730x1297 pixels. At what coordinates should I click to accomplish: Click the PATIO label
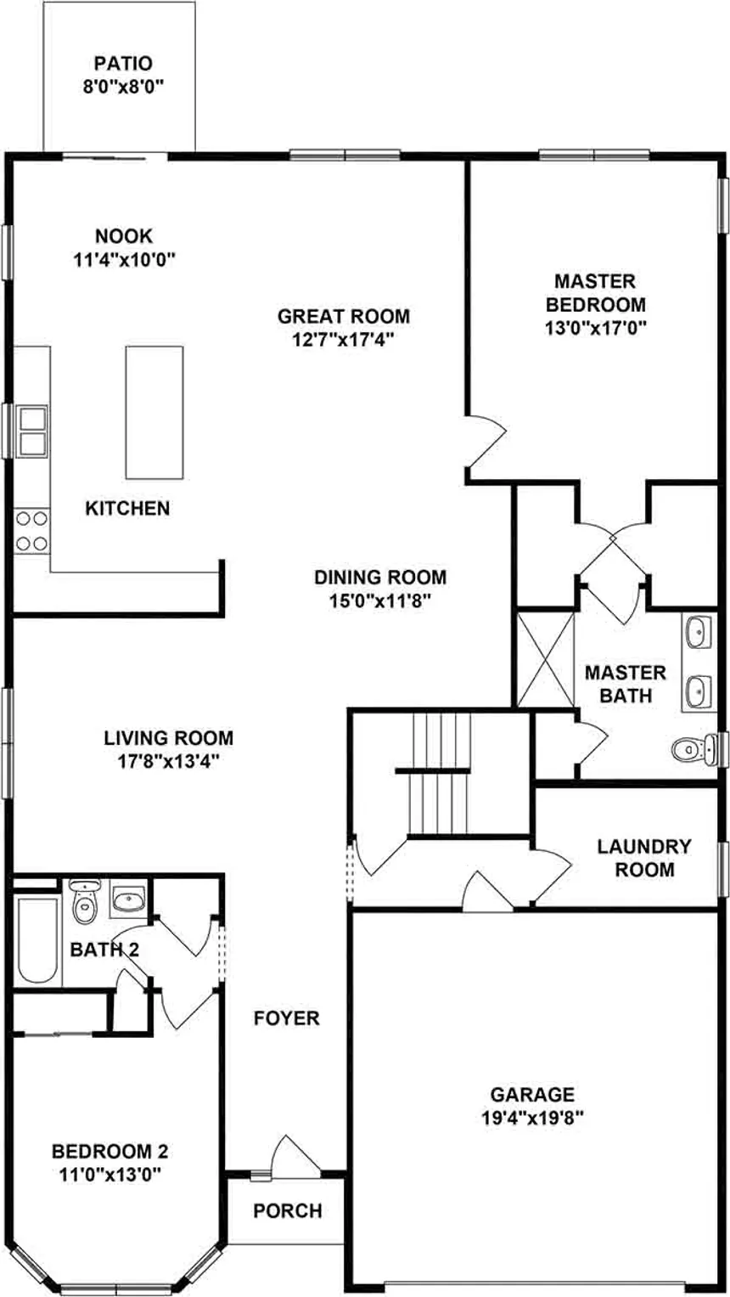(x=123, y=64)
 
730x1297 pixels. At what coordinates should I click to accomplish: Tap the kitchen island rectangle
(x=154, y=412)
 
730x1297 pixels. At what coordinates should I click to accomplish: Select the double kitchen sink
(x=32, y=431)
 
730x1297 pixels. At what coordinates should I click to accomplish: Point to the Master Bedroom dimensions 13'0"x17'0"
(x=596, y=328)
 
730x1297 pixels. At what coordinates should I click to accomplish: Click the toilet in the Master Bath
(x=692, y=748)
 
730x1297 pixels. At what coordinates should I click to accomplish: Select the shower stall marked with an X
(x=546, y=659)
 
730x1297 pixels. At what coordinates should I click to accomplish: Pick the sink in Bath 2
(x=128, y=900)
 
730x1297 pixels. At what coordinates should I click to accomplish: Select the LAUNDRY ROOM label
(x=644, y=858)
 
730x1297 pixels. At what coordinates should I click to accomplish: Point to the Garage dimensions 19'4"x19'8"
(x=532, y=1118)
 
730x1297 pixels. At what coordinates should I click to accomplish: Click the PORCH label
(x=288, y=1210)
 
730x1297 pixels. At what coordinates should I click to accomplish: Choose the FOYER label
(x=287, y=1018)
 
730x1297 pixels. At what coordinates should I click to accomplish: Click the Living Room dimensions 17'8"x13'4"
(x=168, y=762)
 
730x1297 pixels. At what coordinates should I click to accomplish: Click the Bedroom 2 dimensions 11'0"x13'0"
(x=110, y=1175)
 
